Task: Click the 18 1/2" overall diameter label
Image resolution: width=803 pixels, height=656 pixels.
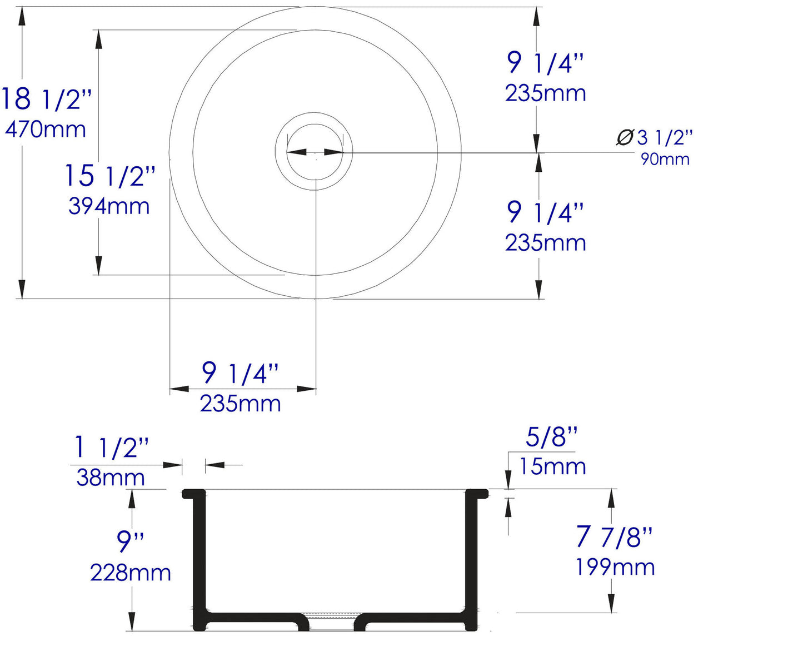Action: pos(46,99)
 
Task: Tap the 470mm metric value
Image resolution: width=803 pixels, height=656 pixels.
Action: pos(46,130)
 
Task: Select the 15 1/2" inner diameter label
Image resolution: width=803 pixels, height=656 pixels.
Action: pos(109,176)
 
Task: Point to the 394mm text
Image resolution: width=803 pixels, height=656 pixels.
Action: pos(109,206)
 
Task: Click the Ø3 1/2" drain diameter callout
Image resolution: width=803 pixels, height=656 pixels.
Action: pos(655,137)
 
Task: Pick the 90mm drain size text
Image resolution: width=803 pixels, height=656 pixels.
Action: pos(665,159)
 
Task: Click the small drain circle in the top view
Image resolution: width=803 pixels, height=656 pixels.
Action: pos(314,151)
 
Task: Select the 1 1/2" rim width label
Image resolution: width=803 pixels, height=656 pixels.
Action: pos(111,448)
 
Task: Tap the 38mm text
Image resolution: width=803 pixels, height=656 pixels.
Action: pos(111,478)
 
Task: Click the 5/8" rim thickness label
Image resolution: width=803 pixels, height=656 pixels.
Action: pos(551,437)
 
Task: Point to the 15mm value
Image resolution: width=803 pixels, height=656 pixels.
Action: pos(552,466)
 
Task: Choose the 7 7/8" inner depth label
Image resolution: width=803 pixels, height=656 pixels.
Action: pos(614,536)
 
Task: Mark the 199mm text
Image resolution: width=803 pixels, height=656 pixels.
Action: pos(615,567)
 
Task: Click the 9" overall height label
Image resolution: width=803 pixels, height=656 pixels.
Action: pos(131,540)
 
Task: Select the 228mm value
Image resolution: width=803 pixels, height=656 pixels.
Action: pos(131,573)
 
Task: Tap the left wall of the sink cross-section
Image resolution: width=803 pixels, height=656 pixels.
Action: pos(199,556)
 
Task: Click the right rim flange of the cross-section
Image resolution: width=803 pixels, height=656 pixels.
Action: pos(477,493)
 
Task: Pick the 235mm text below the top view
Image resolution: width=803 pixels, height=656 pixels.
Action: pos(240,404)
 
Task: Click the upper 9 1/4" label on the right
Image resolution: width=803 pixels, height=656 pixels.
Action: pos(545,63)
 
